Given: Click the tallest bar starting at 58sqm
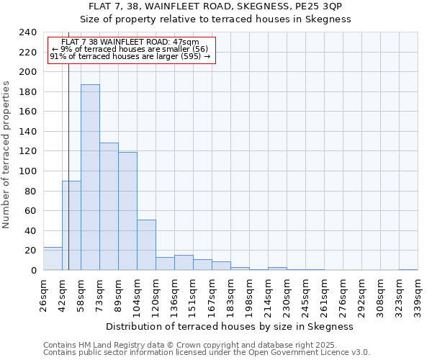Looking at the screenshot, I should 90,177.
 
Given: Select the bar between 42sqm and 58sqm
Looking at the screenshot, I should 71,225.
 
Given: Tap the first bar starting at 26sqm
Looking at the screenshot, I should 53,258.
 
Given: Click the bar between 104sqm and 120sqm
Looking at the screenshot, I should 146,245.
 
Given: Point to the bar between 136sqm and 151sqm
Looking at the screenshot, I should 184,263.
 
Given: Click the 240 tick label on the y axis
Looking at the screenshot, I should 28,32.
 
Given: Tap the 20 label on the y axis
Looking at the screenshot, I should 31,251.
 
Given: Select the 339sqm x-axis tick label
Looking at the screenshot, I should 418,294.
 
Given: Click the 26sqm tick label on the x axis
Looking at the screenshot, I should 44,294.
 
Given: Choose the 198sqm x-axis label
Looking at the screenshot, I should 250,294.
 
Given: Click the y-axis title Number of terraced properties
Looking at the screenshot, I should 7,155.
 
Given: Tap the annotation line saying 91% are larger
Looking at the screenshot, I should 130,56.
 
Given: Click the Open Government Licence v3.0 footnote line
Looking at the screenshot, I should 207,353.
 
